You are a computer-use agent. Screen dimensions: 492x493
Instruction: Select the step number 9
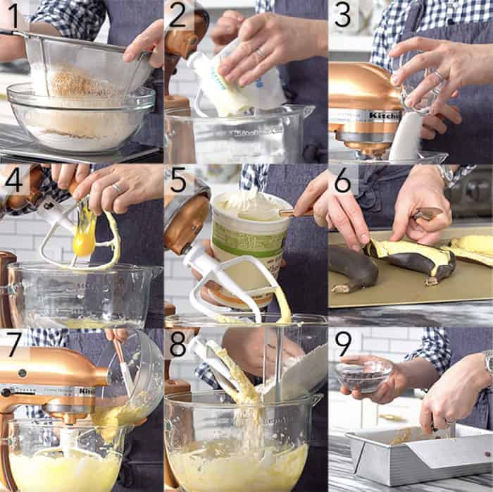coord(343,343)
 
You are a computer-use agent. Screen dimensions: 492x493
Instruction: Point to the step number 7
coord(13,343)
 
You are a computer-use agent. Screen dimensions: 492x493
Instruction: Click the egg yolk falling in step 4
coord(84,244)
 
